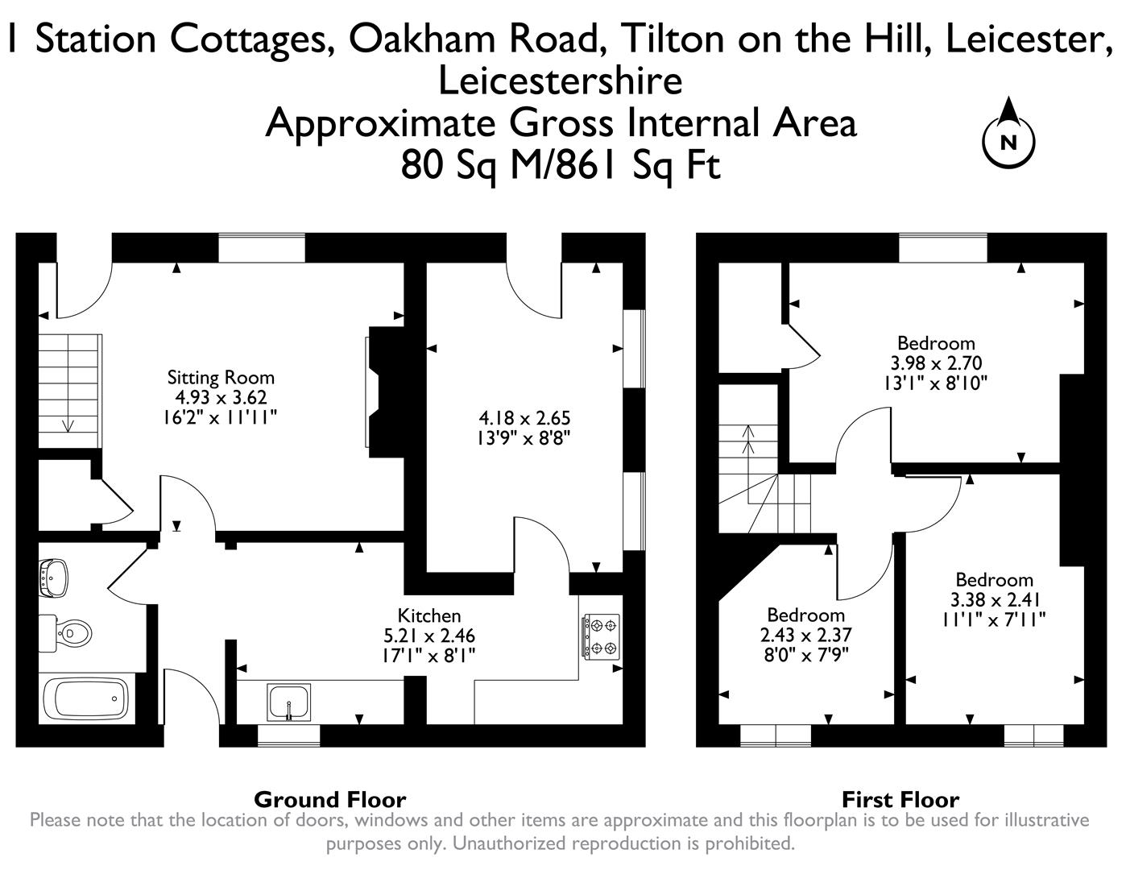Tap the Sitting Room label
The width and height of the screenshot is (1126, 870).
221,377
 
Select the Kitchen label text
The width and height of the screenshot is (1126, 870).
428,616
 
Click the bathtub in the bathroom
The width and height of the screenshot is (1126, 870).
85,698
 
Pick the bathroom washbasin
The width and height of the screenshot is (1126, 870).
54,578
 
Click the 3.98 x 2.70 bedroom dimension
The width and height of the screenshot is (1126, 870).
936,362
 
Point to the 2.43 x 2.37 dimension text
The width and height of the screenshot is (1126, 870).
805,635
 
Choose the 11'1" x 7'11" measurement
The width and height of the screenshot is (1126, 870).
994,619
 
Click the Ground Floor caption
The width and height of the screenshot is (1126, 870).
329,799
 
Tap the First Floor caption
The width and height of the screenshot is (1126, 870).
900,799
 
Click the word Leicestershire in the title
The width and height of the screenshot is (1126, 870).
560,81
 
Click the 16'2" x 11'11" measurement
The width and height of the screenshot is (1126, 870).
221,417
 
